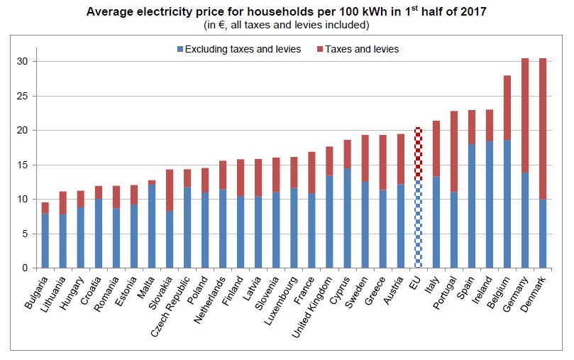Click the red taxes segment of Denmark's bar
pos(543,128)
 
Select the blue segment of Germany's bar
pos(525,220)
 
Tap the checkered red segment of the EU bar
pos(419,153)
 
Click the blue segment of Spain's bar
pos(472,206)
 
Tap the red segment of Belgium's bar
pos(507,107)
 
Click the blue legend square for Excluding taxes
pos(180,49)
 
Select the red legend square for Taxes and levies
pos(321,49)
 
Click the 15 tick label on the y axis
pos(22,165)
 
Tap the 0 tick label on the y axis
pos(25,268)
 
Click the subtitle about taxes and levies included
pos(286,26)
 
